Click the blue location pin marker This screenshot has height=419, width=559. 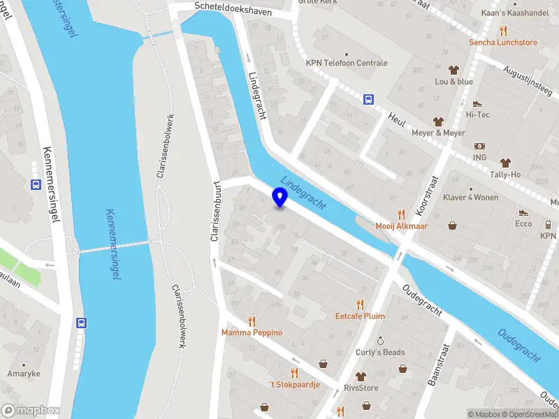click(279, 198)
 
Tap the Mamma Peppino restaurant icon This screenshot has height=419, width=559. click(252, 321)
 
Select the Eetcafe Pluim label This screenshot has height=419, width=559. click(360, 316)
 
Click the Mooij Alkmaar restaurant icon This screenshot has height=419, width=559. click(401, 214)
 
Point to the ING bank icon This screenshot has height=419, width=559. click(479, 147)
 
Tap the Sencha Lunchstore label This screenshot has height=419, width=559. click(502, 42)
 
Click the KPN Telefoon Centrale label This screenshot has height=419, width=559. click(346, 63)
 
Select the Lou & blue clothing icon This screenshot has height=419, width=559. click(453, 70)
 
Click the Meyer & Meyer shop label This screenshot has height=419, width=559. click(438, 133)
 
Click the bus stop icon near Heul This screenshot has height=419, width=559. click(368, 99)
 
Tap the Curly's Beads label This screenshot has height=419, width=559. click(379, 352)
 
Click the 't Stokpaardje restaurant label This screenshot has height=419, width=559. click(294, 385)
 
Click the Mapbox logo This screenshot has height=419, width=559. click(30, 411)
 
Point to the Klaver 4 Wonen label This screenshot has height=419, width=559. click(471, 197)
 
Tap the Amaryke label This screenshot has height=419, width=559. click(24, 374)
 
